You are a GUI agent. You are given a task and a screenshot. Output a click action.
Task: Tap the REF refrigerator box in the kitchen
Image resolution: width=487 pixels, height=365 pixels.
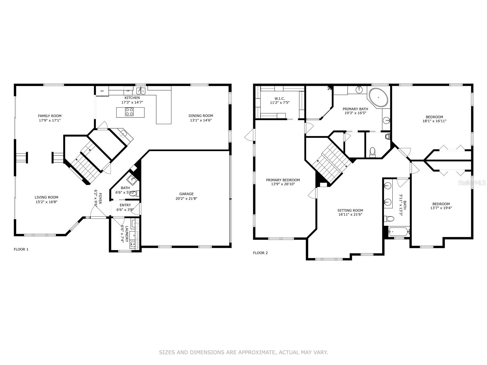pyautogui.click(x=102, y=91)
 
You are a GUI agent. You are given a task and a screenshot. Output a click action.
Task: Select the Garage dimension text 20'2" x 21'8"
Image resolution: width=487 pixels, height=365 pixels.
pyautogui.click(x=186, y=199)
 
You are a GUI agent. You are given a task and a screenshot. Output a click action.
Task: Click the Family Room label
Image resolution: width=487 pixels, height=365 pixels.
pyautogui.click(x=50, y=116)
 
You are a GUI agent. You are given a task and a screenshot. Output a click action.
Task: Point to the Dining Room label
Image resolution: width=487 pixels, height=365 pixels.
pyautogui.click(x=201, y=116)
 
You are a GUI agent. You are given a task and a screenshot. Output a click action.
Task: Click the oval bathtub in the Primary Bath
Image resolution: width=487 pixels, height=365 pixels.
pyautogui.click(x=378, y=98)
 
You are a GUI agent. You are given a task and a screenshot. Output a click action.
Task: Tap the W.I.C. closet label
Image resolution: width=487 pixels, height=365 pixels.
pyautogui.click(x=279, y=99)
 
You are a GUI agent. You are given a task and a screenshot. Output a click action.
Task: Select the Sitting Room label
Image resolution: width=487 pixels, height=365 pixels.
pyautogui.click(x=350, y=210)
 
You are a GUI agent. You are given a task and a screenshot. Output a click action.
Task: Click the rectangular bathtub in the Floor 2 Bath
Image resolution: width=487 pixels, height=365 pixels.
pyautogui.click(x=399, y=232)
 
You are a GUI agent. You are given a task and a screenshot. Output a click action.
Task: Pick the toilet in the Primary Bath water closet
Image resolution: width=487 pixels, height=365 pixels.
pyautogui.click(x=373, y=151)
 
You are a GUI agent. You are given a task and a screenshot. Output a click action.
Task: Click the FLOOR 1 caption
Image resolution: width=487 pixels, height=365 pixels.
pyautogui.click(x=21, y=249)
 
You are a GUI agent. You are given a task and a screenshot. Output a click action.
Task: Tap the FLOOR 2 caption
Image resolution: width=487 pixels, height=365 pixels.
pyautogui.click(x=260, y=253)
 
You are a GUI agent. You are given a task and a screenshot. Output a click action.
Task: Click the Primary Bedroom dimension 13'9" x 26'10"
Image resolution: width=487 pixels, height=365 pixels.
pyautogui.click(x=283, y=184)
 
